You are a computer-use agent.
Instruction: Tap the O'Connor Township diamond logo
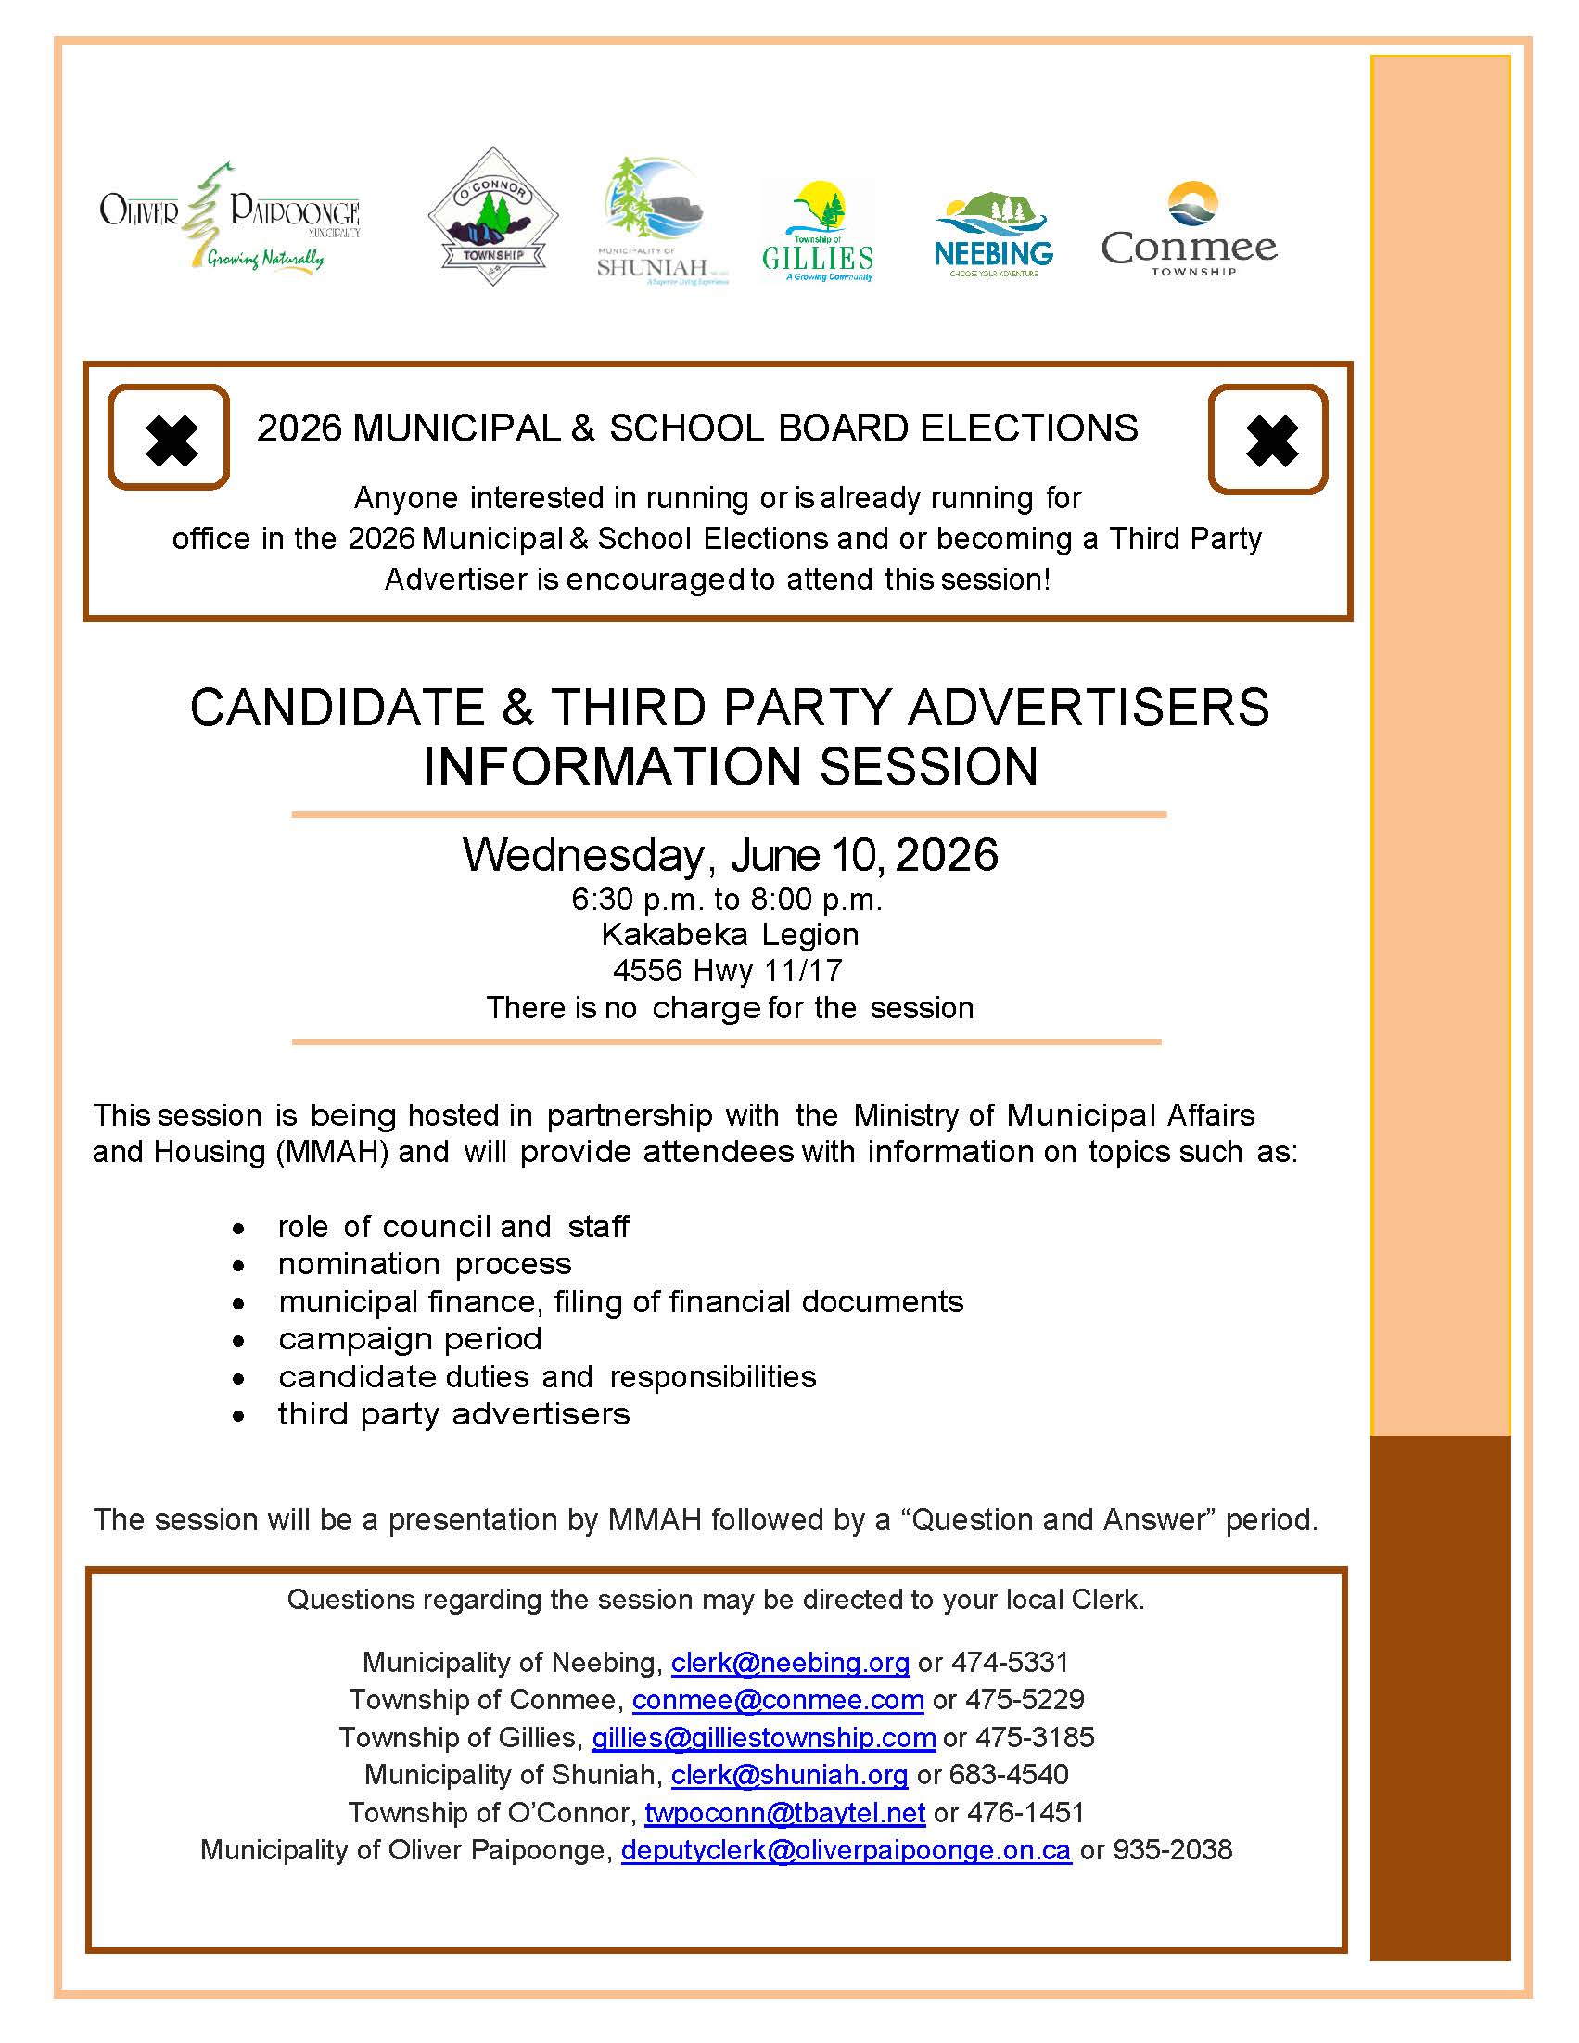493,216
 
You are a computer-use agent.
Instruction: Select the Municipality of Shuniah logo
660,221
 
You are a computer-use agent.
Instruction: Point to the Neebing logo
993,236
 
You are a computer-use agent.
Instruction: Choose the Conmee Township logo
1189,229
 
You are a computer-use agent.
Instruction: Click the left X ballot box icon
170,438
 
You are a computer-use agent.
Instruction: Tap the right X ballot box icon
1267,439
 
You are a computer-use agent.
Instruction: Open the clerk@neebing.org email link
790,1662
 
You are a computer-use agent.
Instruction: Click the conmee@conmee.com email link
777,1700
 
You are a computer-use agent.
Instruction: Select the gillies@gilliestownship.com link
763,1737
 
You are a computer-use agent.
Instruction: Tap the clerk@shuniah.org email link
790,1775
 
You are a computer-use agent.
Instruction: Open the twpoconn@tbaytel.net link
784,1813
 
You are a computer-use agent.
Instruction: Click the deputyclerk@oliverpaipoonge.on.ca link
846,1850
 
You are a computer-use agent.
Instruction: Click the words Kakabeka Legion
730,935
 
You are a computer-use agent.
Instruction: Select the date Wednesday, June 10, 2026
730,855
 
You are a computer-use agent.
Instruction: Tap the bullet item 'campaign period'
410,1339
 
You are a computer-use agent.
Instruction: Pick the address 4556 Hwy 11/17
727,971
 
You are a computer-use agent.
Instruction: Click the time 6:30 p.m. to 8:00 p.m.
727,900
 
